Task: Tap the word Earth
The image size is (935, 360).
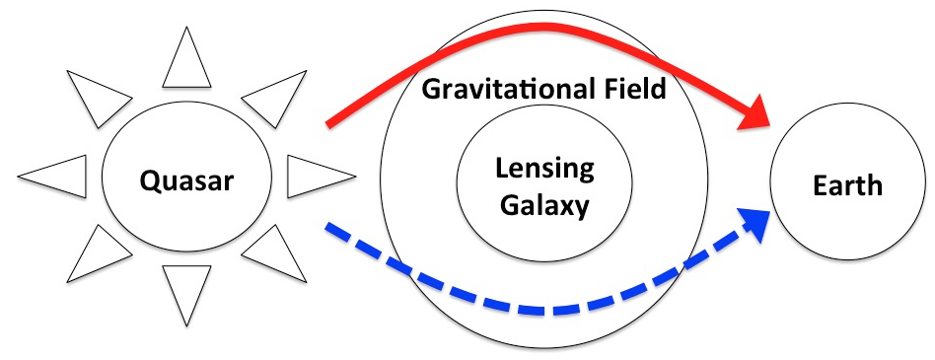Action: [847, 185]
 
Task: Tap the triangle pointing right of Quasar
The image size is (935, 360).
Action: [316, 177]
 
